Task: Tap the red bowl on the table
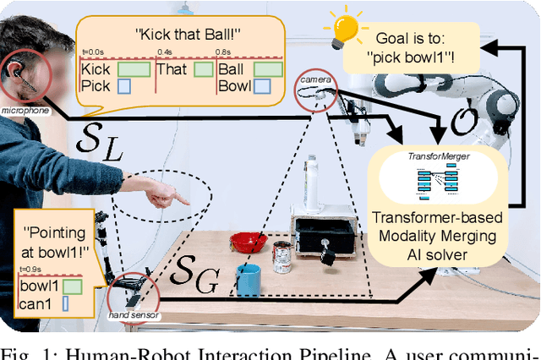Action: pyautogui.click(x=249, y=243)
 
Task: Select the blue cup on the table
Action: pyautogui.click(x=249, y=280)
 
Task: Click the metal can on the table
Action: pyautogui.click(x=281, y=256)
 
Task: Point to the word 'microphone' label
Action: pyautogui.click(x=25, y=110)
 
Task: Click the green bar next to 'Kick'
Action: pyautogui.click(x=134, y=69)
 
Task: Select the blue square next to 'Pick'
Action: pyautogui.click(x=123, y=85)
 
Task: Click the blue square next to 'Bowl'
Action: pyautogui.click(x=262, y=85)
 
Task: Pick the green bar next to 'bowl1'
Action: pyautogui.click(x=73, y=286)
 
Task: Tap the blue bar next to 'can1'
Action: pyautogui.click(x=66, y=301)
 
